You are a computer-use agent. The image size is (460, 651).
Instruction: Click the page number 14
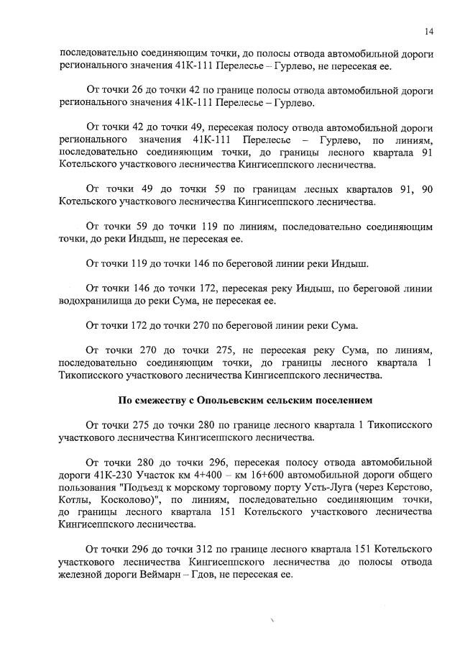coord(428,32)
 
